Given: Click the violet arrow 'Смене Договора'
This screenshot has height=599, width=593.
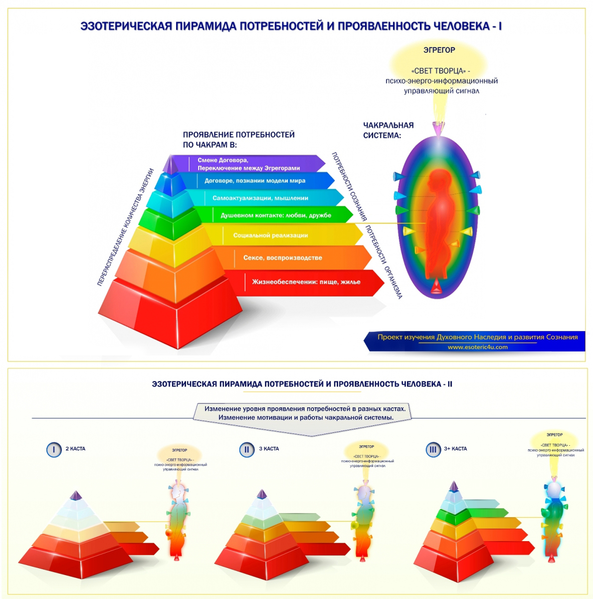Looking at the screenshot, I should pos(254,164).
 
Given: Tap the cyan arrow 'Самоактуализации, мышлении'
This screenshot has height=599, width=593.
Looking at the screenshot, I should pos(264,198).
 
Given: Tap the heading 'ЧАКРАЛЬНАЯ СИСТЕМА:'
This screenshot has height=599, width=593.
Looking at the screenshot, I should pos(388,130).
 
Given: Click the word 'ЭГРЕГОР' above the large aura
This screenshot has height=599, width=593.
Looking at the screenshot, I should pos(439,50).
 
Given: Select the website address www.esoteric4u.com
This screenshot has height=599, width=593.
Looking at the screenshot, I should pos(477,347).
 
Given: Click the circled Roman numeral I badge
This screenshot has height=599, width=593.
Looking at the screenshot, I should pos(54,450).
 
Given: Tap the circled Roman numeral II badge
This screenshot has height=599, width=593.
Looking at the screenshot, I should pos(247,450).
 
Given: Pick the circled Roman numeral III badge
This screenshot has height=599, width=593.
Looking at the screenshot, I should pos(433,449).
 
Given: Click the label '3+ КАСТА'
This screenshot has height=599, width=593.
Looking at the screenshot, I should pos(455,449).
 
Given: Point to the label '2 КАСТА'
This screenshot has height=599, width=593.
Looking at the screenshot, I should pos(75,449).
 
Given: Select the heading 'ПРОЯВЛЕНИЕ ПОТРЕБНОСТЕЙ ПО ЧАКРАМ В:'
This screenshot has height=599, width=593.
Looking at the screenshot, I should pos(238,140).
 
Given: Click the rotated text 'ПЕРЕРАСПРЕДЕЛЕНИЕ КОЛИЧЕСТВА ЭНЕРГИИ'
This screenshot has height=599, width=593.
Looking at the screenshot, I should pos(125,227).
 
